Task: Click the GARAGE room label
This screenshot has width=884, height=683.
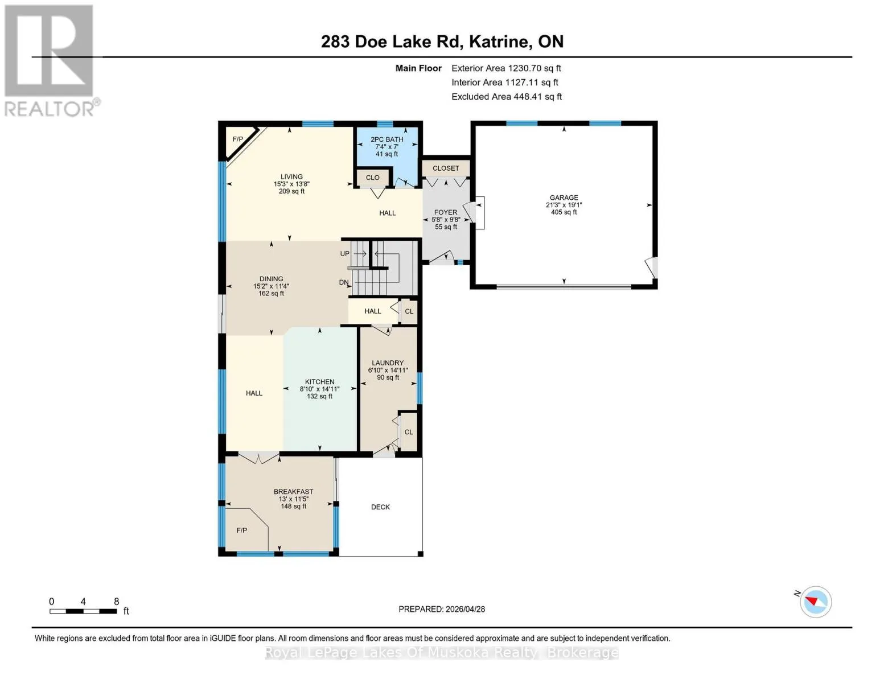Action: [564, 198]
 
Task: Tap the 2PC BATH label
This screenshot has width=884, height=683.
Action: [387, 139]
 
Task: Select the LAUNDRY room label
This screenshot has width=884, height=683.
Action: [387, 363]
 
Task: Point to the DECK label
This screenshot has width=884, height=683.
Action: [380, 507]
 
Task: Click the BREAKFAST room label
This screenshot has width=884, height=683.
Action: [293, 491]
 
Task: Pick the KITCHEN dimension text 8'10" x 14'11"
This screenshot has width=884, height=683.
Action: [319, 389]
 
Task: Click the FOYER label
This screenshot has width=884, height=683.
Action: [446, 212]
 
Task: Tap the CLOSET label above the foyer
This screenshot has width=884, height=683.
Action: [446, 168]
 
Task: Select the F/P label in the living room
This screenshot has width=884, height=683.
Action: [237, 139]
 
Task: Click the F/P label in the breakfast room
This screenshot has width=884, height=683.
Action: [242, 530]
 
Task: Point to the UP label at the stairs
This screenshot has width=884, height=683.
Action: [344, 253]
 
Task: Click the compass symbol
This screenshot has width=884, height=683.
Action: [815, 602]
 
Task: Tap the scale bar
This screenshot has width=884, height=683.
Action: [83, 611]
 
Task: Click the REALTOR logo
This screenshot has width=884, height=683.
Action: [50, 61]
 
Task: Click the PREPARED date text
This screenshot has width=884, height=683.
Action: [441, 609]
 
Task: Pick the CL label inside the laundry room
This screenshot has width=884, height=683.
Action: [409, 432]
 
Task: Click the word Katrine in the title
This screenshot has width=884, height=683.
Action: [500, 41]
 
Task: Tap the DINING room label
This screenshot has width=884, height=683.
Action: [271, 279]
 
